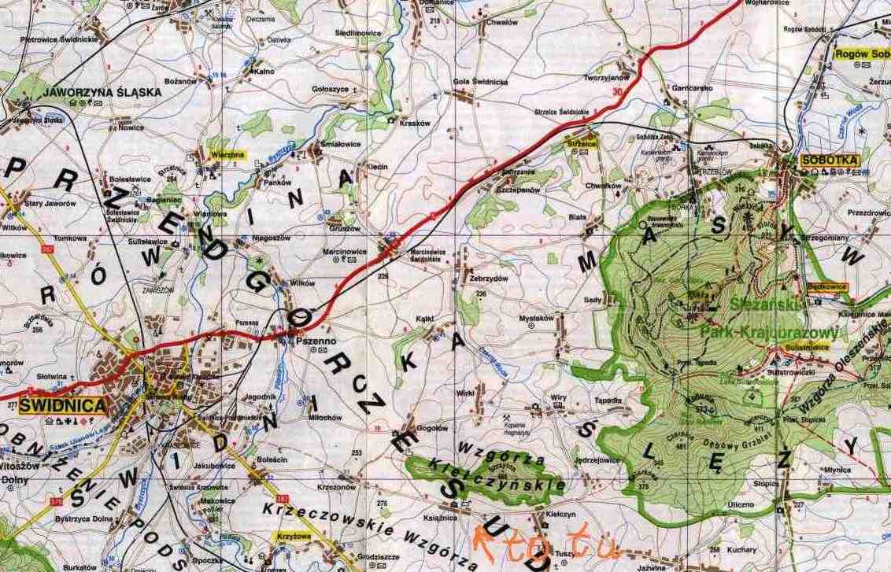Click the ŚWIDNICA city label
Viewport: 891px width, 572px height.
pos(62,406)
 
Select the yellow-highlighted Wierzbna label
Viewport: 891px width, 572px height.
pos(227,156)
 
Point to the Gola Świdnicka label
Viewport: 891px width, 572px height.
pos(480,82)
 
